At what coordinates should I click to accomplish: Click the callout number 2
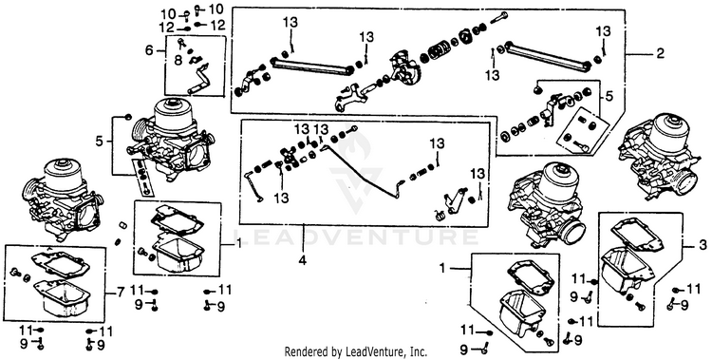pos(660,53)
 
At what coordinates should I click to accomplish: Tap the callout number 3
pos(703,246)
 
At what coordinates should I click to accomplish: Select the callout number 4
pos(303,261)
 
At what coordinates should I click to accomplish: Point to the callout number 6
pos(149,50)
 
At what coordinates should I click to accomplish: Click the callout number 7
pos(120,293)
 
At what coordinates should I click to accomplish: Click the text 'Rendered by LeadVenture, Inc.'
pos(356,351)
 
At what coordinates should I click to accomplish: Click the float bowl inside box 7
pos(61,297)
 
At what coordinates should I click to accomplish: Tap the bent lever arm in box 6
pos(199,79)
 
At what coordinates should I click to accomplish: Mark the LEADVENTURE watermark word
pos(356,237)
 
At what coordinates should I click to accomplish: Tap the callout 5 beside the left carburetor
pos(100,142)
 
